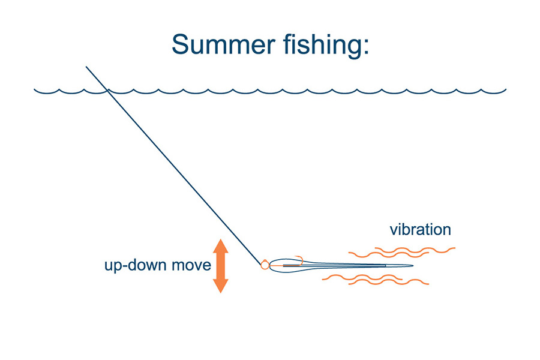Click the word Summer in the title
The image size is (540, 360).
click(x=224, y=45)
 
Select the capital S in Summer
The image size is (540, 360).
click(x=180, y=44)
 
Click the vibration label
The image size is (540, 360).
click(x=421, y=229)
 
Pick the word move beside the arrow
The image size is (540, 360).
click(x=191, y=265)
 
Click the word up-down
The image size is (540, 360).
click(x=136, y=266)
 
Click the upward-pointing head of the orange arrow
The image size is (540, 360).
click(x=221, y=246)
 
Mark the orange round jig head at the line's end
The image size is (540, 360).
click(x=265, y=265)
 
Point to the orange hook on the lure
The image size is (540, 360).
click(x=299, y=260)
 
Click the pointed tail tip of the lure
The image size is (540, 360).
click(x=413, y=266)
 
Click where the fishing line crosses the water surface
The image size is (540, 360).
click(x=107, y=91)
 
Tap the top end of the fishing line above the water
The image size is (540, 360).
click(x=86, y=67)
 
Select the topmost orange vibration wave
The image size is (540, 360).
click(x=415, y=250)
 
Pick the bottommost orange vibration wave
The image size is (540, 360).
click(x=389, y=281)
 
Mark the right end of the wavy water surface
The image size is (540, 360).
click(x=506, y=89)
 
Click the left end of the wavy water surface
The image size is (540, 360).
click(x=34, y=89)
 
